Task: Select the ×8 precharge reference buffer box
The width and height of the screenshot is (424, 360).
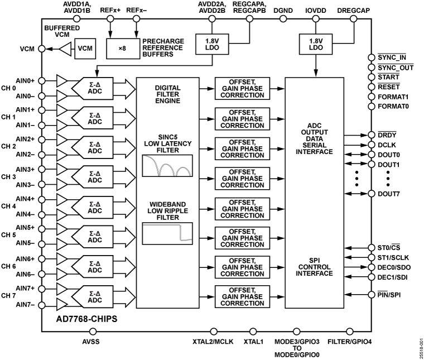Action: [122, 49]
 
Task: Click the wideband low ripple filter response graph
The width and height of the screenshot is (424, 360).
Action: [167, 233]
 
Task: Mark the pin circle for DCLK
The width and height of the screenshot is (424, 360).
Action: [371, 144]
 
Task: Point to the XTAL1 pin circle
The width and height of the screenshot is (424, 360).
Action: [254, 332]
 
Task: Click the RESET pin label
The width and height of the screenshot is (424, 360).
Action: [388, 87]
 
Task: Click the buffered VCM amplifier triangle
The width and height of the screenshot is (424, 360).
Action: [66, 49]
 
